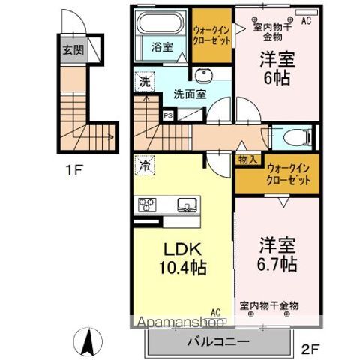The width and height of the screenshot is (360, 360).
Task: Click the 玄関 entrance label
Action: (x=73, y=52)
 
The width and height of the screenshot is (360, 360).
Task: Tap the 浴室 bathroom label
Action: (x=163, y=46)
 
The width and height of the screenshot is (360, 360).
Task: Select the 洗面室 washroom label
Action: (x=189, y=95)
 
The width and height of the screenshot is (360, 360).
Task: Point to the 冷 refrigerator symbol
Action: (x=143, y=163)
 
